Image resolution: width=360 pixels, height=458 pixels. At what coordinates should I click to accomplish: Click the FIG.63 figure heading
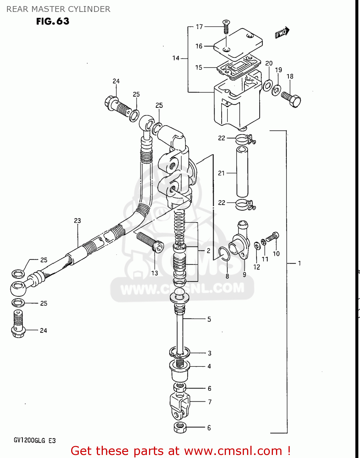[53, 21]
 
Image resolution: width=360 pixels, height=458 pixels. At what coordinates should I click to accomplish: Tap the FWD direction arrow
[282, 32]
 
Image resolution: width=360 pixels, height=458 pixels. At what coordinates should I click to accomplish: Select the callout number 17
[199, 27]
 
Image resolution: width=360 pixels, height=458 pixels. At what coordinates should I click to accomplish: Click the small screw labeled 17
[226, 27]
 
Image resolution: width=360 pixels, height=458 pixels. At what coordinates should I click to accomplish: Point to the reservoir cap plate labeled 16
[238, 43]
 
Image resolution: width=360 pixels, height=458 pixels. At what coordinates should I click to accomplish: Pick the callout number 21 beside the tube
[221, 173]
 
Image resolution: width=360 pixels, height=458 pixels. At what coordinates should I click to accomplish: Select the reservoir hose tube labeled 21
[242, 172]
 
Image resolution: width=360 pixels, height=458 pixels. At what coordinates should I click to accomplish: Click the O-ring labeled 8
[224, 254]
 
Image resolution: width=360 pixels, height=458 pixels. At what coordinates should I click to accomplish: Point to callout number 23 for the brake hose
[77, 220]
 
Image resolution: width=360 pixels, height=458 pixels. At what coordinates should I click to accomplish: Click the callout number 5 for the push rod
[209, 319]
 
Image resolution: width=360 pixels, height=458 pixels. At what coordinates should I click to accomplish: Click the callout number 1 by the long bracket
[299, 263]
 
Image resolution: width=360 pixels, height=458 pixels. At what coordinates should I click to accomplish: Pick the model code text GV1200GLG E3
[35, 440]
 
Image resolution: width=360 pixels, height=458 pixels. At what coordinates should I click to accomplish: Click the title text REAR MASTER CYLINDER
[58, 9]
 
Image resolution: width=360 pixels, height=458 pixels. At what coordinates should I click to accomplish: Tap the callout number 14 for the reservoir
[176, 58]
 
